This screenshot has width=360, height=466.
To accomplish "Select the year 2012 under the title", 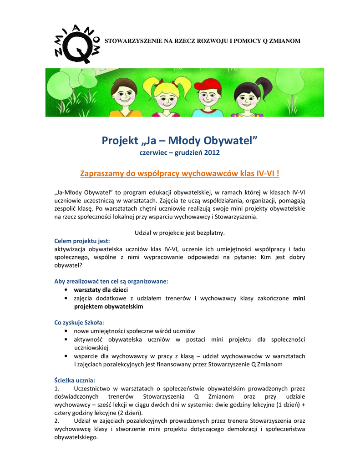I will tap(212, 152).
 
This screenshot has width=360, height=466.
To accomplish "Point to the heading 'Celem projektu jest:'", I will tap(82, 241).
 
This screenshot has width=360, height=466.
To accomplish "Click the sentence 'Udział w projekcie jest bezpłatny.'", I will tap(180, 233).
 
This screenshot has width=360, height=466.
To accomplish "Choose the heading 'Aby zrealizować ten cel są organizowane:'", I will tap(111, 281).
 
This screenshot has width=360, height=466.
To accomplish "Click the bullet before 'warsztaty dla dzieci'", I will tap(67, 289).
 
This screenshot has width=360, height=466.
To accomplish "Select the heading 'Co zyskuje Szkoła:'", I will tap(79, 322).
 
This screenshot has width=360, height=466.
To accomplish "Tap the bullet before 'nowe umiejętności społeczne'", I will tap(67, 331).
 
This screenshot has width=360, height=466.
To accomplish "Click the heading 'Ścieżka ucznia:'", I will tap(75, 380).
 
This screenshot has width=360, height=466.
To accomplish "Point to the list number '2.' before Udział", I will tap(57, 421).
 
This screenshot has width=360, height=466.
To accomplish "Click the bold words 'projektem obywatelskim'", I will tap(108, 306).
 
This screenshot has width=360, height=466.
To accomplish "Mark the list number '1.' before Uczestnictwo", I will tap(57, 388).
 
